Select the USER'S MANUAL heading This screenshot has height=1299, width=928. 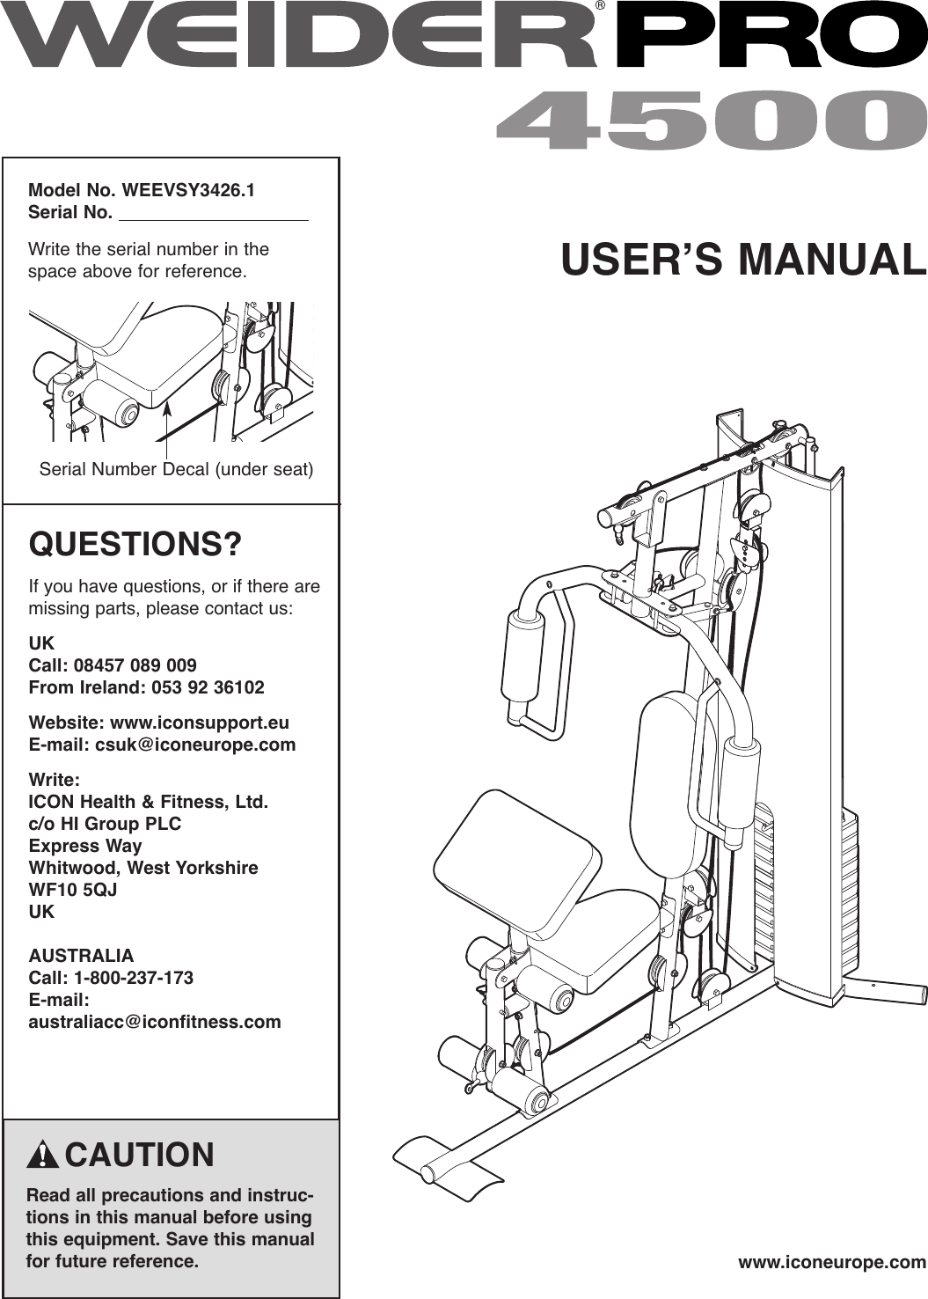coord(743,258)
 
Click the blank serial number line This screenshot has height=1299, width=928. coord(213,214)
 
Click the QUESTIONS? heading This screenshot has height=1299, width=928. coord(135,545)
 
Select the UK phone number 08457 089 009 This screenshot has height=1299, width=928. coord(135,664)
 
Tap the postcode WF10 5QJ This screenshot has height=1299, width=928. coord(73,890)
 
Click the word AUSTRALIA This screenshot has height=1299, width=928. coord(82,956)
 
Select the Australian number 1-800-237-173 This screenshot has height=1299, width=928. coord(135,978)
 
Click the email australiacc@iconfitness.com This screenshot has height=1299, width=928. coord(155,1022)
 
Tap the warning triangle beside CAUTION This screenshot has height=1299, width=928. coord(43,1156)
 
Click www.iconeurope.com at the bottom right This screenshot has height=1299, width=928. coord(831,1262)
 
